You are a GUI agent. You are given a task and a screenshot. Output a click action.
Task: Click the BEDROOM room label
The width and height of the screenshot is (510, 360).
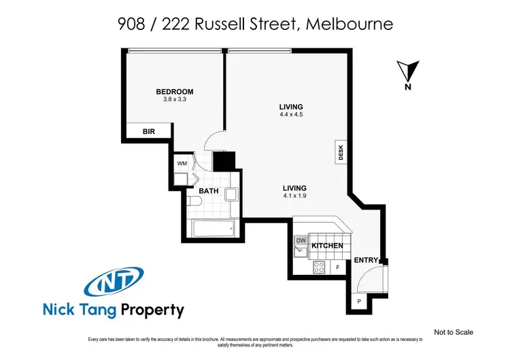tap(175, 92)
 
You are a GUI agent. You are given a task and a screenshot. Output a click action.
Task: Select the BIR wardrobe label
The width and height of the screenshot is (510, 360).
tap(149, 132)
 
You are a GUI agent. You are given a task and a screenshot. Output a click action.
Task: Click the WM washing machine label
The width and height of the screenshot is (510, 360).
tap(182, 163)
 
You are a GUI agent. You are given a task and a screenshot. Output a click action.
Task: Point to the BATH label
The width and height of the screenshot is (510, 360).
tap(208, 191)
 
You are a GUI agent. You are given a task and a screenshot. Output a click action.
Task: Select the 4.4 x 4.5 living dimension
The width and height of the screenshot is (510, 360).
tap(290, 115)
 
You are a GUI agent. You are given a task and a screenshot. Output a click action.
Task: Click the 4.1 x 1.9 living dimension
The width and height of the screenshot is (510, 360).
tap(295, 197)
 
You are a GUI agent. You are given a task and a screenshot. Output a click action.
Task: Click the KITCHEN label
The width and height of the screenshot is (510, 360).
tap(327, 246)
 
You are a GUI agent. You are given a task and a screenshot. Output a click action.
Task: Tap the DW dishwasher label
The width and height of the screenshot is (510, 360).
tap(301, 240)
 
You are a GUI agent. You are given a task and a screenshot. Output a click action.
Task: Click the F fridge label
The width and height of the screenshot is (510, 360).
tap(338, 267)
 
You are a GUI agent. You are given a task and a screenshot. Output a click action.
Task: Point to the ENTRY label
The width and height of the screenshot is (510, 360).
tap(366, 260)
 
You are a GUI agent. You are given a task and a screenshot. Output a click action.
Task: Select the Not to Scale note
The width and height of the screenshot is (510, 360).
tap(453, 332)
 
